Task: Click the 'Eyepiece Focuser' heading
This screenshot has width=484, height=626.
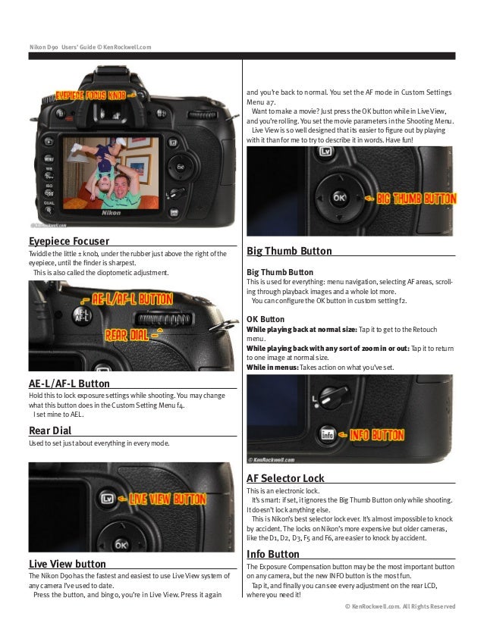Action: (x=69, y=241)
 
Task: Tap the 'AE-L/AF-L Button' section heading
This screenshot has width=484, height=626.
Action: (x=69, y=383)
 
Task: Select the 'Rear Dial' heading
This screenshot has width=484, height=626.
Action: (x=50, y=430)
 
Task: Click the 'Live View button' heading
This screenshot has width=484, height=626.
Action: (x=68, y=564)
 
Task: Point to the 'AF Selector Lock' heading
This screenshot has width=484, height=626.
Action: (x=285, y=478)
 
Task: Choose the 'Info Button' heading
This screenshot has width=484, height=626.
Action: (x=273, y=554)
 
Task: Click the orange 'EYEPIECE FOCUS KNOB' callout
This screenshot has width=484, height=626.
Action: (x=91, y=95)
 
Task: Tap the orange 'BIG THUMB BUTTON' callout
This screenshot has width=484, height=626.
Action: (x=416, y=199)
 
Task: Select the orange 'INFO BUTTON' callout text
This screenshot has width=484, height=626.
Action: (x=377, y=435)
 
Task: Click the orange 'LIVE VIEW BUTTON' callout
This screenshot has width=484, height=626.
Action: (x=168, y=499)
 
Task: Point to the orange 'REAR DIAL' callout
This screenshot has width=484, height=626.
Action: (x=127, y=335)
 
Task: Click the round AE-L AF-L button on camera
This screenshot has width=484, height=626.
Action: (x=82, y=316)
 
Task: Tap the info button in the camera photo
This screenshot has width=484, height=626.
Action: (x=327, y=434)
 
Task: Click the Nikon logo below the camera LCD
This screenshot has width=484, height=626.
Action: (x=111, y=213)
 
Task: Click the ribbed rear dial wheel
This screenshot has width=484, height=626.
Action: (x=165, y=319)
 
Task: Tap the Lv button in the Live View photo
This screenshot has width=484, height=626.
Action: (x=107, y=499)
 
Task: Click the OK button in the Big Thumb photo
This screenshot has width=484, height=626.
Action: (x=339, y=197)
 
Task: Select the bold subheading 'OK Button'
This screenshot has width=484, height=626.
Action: (x=266, y=319)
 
